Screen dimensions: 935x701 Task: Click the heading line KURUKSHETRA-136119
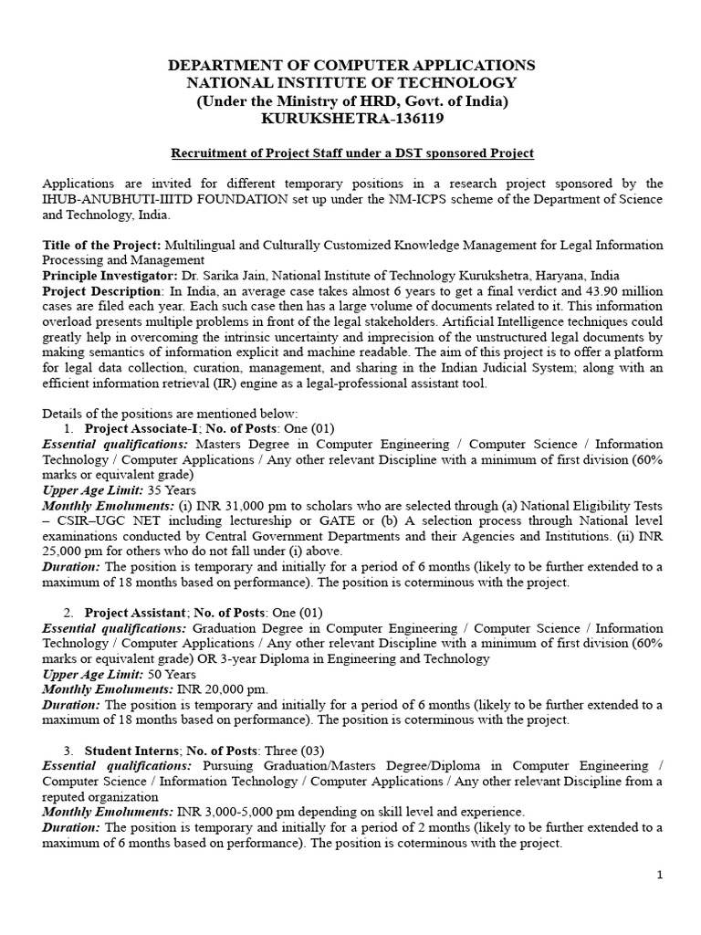tap(351, 119)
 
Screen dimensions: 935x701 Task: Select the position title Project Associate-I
tap(140, 428)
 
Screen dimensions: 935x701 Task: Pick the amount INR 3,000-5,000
tap(225, 812)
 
